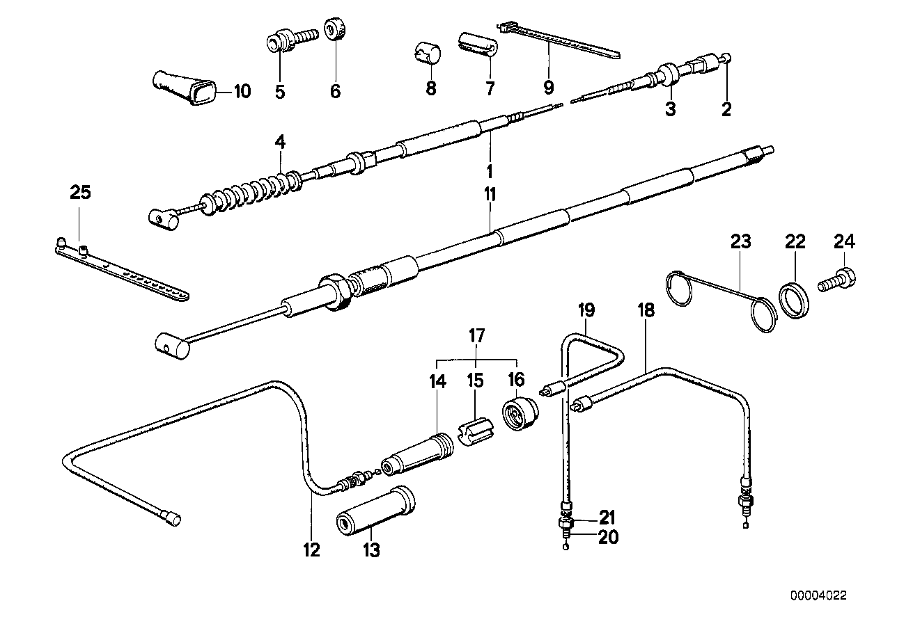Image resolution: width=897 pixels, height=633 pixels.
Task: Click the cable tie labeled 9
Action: point(557,41)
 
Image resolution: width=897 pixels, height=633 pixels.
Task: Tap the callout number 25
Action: point(81,193)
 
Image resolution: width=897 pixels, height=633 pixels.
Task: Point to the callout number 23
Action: point(741,242)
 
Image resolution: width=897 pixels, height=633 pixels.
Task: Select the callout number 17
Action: point(476,336)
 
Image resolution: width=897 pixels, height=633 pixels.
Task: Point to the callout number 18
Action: point(646,310)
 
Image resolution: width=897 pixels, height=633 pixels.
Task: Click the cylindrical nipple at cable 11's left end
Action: point(173,345)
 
